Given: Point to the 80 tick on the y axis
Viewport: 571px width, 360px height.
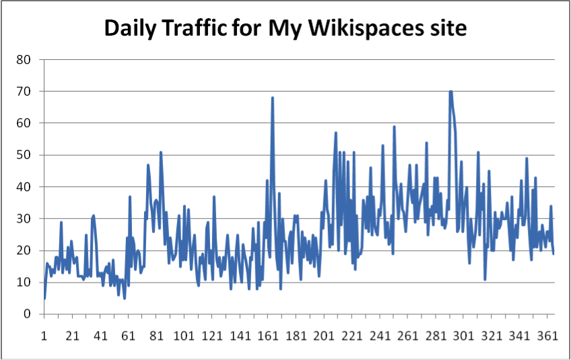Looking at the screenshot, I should tap(25, 59).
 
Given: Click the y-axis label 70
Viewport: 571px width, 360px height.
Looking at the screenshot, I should tap(25, 91).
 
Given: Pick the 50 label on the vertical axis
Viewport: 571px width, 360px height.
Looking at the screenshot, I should tap(25, 155).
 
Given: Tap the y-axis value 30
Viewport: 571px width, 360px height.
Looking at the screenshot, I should tap(25, 219).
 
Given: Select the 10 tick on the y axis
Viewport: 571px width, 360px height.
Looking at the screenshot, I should tap(25, 282).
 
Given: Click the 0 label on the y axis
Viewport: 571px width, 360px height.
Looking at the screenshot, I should tap(28, 314).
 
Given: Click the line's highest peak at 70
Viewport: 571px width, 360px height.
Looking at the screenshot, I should tap(450, 92).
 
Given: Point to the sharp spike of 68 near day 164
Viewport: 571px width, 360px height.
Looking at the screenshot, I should tap(273, 98).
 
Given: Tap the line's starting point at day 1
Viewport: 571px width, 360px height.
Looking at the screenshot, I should tap(44, 298).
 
